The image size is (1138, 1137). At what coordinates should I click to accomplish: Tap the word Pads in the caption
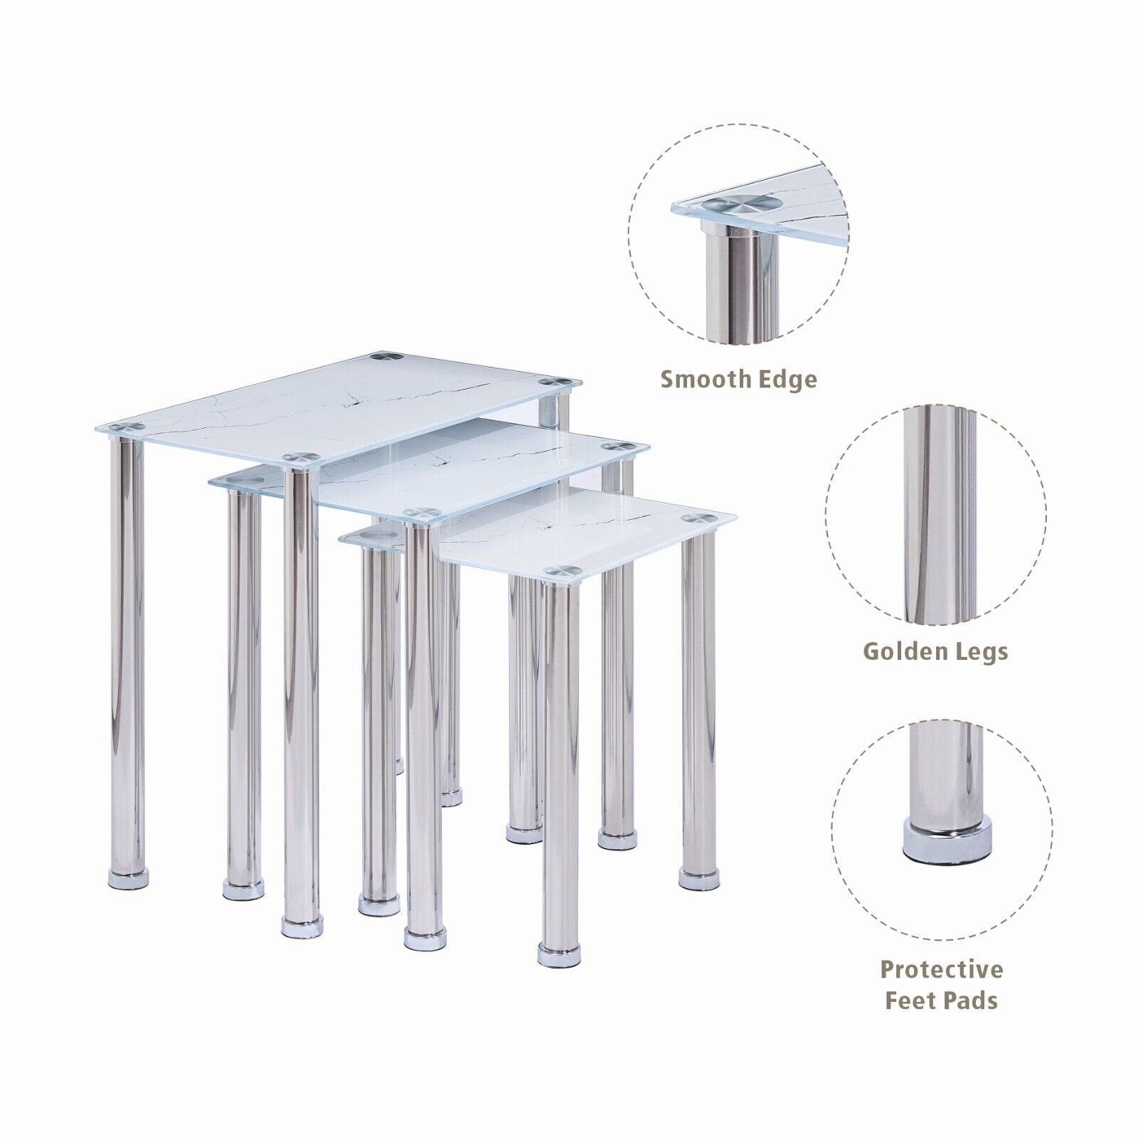[974, 1001]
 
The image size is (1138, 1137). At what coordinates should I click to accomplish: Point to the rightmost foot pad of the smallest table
[697, 877]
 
